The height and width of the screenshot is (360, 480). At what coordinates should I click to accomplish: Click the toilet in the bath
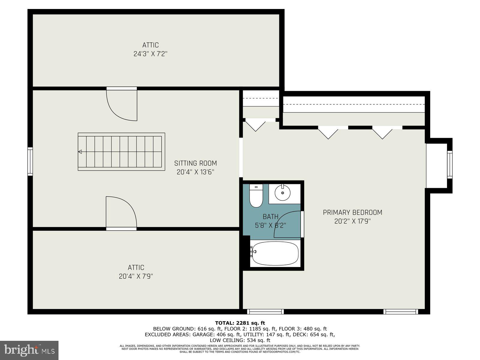point(256,196)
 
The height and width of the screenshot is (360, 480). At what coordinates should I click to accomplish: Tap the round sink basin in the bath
point(282,193)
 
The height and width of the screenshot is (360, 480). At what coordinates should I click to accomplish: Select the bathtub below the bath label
point(275,253)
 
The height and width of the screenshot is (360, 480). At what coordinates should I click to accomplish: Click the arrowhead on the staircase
point(80,152)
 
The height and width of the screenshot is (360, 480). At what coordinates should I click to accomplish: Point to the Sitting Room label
point(195,163)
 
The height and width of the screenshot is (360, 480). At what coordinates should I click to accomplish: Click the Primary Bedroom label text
point(352,212)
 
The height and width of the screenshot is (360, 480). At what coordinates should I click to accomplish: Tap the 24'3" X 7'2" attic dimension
point(150,54)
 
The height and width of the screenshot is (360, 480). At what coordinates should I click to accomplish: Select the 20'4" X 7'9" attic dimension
point(136,276)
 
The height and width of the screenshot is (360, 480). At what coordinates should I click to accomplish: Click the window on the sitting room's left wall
point(30,161)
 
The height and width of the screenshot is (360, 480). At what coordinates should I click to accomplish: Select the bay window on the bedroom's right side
point(449,165)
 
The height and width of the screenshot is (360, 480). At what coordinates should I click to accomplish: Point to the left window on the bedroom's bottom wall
point(265,311)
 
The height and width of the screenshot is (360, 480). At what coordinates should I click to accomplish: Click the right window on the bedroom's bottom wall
point(401,311)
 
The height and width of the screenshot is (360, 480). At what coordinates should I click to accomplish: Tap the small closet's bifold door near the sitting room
point(255,126)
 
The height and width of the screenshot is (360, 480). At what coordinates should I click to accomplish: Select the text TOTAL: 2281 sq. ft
point(240,323)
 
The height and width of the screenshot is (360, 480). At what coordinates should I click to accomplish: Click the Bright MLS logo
point(29,350)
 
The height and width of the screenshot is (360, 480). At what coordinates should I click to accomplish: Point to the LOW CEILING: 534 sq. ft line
point(240,340)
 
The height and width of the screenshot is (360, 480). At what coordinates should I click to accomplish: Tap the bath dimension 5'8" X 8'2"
point(270,225)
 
